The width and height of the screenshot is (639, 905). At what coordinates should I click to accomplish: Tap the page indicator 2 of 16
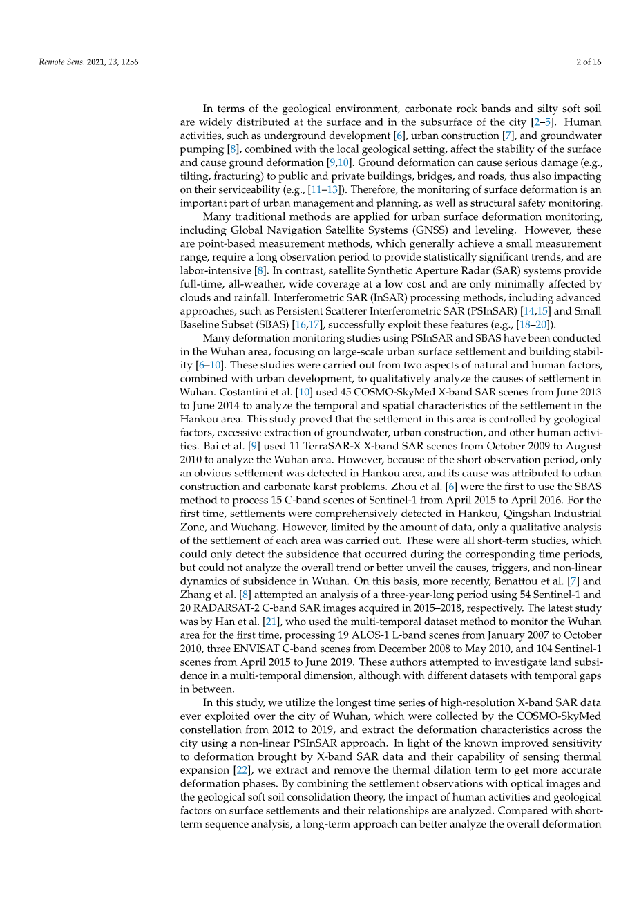(x=589, y=62)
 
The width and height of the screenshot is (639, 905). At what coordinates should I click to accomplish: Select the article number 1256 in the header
(x=130, y=62)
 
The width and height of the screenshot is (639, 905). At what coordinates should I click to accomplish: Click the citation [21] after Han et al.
(x=274, y=622)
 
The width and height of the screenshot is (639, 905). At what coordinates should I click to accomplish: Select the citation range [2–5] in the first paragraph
(x=541, y=122)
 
